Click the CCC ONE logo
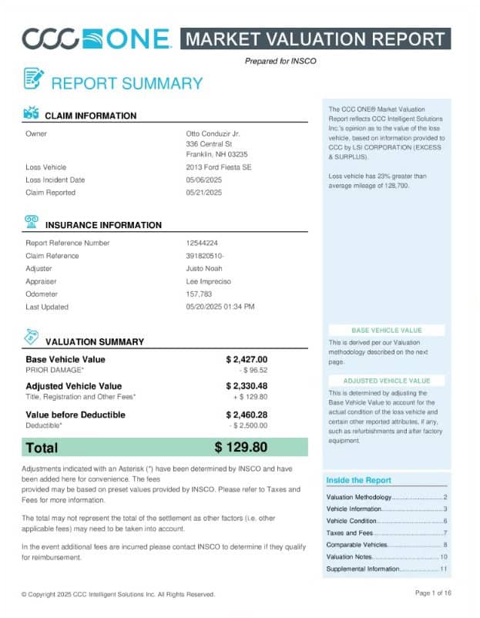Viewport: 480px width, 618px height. [96, 39]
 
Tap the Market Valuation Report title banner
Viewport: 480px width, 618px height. [315, 39]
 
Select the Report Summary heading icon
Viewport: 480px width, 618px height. [33, 79]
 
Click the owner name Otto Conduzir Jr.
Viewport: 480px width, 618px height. [213, 133]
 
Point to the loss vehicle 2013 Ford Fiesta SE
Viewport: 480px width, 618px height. [217, 167]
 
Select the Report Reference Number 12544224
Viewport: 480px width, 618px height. [202, 243]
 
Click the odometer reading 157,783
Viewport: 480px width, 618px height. [200, 294]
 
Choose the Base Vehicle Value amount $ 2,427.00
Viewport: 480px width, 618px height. [247, 359]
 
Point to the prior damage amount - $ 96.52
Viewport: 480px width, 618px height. [253, 370]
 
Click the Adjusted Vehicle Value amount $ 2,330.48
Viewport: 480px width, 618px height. [247, 386]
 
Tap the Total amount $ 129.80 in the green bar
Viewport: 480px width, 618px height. [240, 447]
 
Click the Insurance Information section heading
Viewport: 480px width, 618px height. [103, 225]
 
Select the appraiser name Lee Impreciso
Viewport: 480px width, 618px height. [210, 281]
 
